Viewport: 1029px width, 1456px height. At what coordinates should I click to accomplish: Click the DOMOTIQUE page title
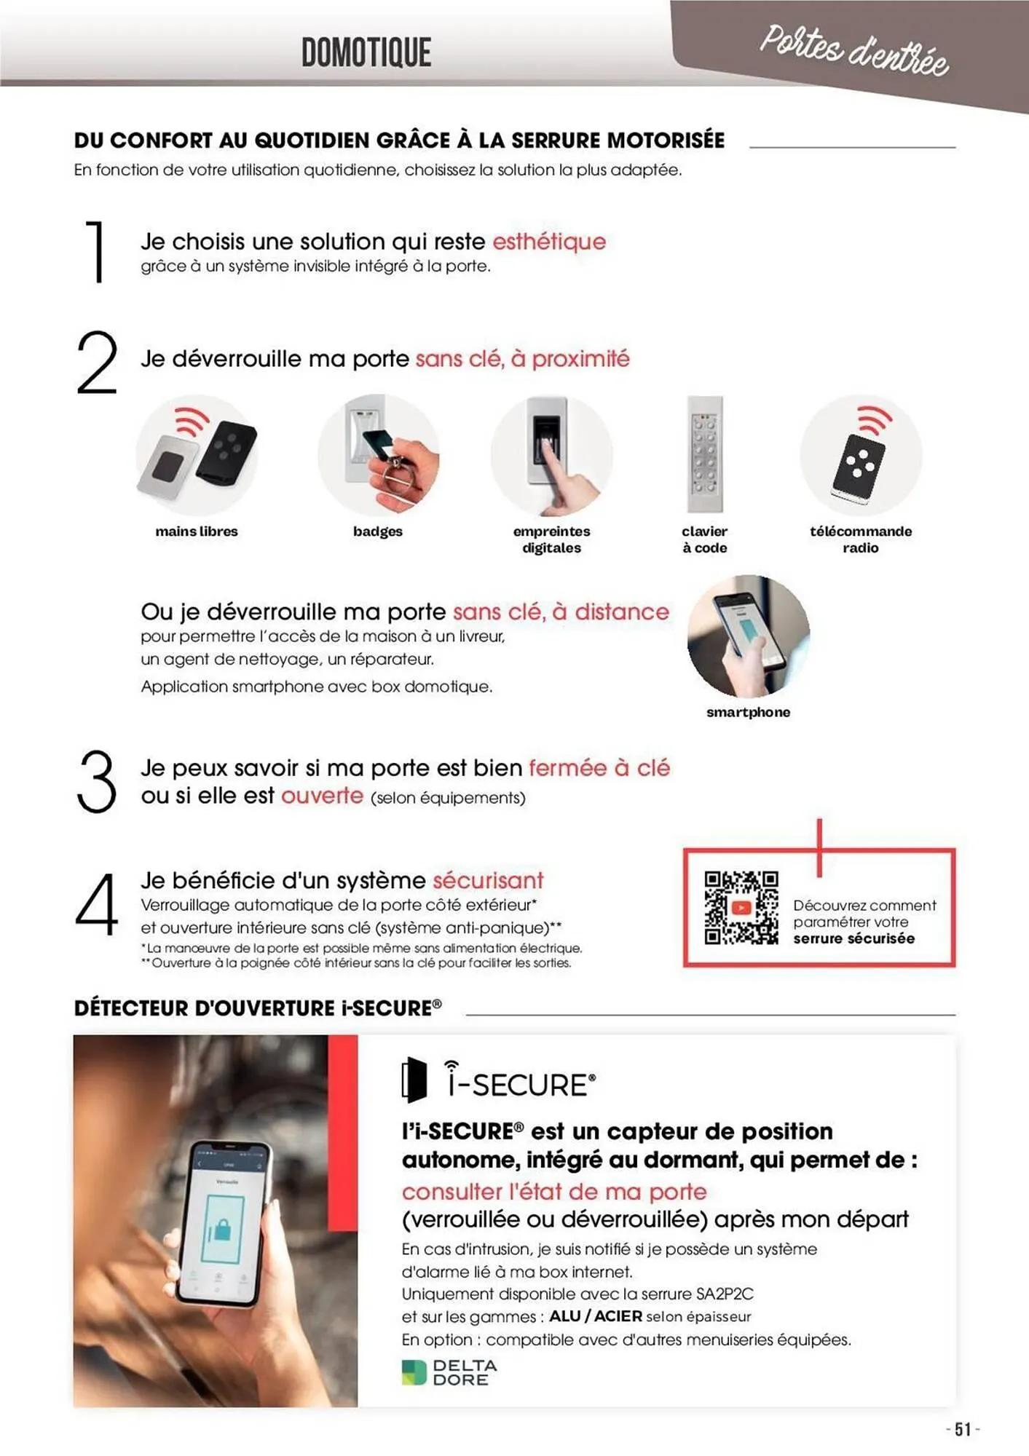click(x=366, y=52)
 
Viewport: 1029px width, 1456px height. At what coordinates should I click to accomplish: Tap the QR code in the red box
click(x=741, y=908)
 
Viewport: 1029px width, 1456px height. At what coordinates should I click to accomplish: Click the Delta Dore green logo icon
click(x=414, y=1372)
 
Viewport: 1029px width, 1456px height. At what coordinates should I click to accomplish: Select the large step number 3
click(x=96, y=782)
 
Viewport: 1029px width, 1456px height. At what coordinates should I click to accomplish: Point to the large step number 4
click(x=97, y=903)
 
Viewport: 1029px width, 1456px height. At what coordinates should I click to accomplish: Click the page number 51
click(x=963, y=1429)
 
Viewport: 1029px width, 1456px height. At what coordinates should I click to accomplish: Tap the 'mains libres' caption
click(x=197, y=531)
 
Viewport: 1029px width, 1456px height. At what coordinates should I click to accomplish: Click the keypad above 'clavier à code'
click(x=705, y=454)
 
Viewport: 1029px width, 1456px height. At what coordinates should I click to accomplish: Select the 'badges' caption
click(x=378, y=531)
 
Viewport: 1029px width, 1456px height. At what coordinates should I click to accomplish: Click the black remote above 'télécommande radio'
click(x=859, y=466)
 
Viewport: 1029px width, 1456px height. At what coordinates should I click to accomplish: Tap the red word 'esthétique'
click(x=549, y=242)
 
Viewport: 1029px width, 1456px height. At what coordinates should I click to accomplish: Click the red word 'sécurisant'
click(x=488, y=880)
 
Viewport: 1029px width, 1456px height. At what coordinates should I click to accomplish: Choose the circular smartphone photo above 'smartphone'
click(x=749, y=636)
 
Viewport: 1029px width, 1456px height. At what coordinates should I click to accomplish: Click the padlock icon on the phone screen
click(x=221, y=1229)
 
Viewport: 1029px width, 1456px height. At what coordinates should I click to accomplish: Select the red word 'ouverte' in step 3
click(x=322, y=795)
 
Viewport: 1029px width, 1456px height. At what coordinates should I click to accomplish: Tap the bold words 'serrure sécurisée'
click(x=853, y=939)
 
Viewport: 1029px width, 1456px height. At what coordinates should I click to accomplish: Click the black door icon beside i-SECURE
click(x=414, y=1080)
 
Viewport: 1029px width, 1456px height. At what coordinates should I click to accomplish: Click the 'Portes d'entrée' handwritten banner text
click(x=853, y=50)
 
